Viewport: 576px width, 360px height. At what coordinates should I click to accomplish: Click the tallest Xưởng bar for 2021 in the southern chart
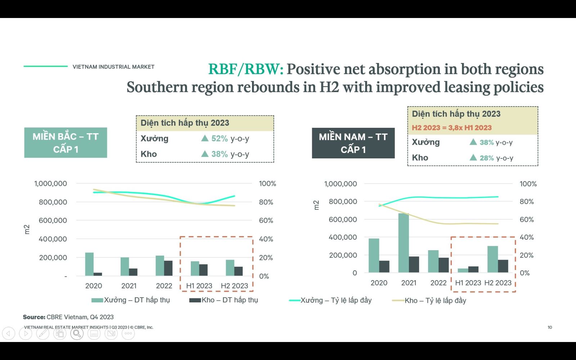pyautogui.click(x=404, y=243)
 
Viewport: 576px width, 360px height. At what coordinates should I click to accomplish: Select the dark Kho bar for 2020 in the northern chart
pyautogui.click(x=98, y=274)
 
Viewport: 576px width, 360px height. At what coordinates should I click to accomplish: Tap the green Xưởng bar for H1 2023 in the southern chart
pyautogui.click(x=463, y=270)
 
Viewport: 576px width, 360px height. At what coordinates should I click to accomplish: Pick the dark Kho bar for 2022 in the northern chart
pyautogui.click(x=168, y=268)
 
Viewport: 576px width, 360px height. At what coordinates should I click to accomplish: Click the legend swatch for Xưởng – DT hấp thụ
pyautogui.click(x=97, y=300)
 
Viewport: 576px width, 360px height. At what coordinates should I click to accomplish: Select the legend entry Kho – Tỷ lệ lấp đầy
pyautogui.click(x=429, y=300)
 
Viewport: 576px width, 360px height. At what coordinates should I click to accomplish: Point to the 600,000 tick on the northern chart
pyautogui.click(x=53, y=220)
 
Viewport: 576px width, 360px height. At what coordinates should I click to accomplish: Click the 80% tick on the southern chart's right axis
pyautogui.click(x=527, y=202)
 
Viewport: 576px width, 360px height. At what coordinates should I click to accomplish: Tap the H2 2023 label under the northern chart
pyautogui.click(x=234, y=286)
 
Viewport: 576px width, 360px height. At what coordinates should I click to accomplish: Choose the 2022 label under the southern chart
pyautogui.click(x=438, y=283)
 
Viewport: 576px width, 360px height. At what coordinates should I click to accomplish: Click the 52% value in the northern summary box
pyautogui.click(x=219, y=139)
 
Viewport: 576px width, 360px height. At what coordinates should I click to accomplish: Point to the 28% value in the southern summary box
pyautogui.click(x=486, y=158)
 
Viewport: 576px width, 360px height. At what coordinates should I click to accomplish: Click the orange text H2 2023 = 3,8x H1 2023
pyautogui.click(x=451, y=128)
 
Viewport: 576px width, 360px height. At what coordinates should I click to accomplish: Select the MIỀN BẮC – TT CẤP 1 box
pyautogui.click(x=66, y=143)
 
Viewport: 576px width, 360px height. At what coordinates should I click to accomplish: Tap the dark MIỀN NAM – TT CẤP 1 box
pyautogui.click(x=353, y=143)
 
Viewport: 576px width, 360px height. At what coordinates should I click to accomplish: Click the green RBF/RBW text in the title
pyautogui.click(x=246, y=69)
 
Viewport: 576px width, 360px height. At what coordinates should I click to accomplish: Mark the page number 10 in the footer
pyautogui.click(x=550, y=327)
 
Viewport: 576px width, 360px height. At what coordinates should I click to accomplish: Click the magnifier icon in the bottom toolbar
pyautogui.click(x=77, y=333)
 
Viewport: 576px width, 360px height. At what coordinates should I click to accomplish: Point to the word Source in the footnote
pyautogui.click(x=34, y=317)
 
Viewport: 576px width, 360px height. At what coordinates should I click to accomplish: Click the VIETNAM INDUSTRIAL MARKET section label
pyautogui.click(x=113, y=67)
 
